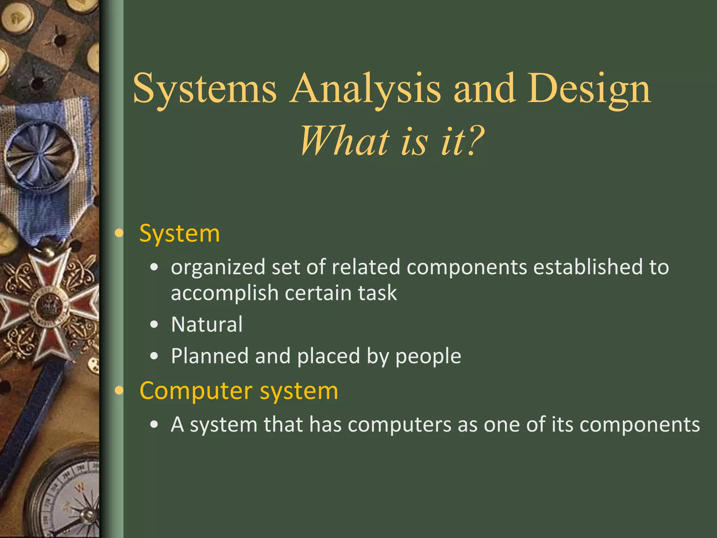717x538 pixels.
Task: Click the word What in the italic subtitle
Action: [x=345, y=141]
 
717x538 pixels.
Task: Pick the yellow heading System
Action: [x=179, y=233]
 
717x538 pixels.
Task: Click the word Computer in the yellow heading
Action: [x=196, y=391]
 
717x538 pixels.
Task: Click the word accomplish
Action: [x=224, y=293]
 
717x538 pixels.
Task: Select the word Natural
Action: [x=207, y=324]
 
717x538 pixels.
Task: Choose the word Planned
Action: [x=209, y=356]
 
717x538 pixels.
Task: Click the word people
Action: [x=428, y=357]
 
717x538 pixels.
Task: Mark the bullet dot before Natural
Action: [x=154, y=325]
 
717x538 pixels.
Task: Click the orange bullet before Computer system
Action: [x=119, y=391]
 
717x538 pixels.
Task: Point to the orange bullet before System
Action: [x=119, y=233]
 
